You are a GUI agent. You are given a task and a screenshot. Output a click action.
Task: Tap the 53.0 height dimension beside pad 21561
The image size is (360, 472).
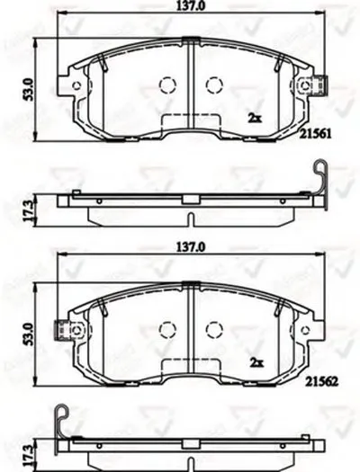29,88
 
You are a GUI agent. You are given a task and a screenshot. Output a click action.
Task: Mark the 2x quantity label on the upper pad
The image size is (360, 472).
256,117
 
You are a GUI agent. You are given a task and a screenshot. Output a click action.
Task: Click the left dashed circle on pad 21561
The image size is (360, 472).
167,85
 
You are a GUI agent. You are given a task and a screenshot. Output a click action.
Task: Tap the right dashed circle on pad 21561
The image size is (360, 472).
213,85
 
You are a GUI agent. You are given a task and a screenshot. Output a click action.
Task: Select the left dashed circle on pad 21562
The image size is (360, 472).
167,327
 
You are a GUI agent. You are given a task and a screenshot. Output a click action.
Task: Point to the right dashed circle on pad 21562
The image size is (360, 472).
213,327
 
